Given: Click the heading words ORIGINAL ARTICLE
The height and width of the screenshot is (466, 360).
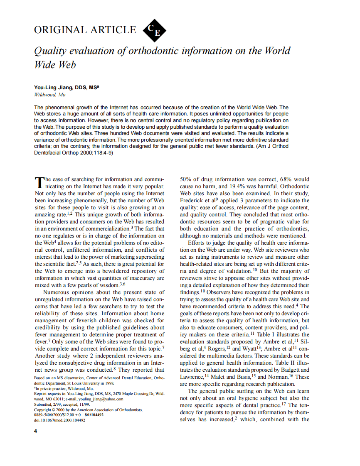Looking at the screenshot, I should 85,30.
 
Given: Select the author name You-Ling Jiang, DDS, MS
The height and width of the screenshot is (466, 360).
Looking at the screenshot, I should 67,88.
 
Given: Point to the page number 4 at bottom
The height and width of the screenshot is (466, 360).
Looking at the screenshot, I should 36,431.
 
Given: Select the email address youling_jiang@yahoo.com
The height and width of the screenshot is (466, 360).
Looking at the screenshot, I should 100,399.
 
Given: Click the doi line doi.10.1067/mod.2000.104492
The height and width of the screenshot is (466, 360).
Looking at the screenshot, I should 59,420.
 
